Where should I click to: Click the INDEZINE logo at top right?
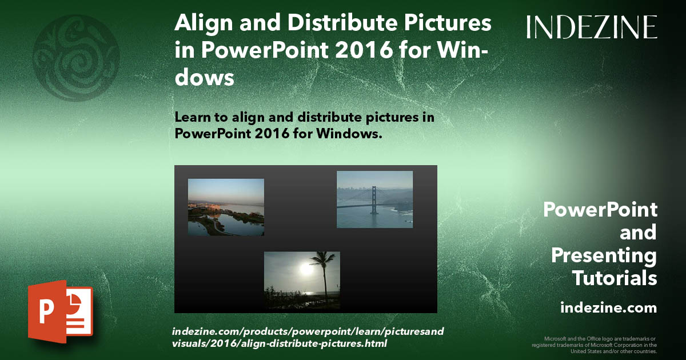[x=592, y=27]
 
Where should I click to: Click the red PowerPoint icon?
[x=59, y=312]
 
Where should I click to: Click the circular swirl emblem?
[x=75, y=58]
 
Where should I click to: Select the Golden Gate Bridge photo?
[x=374, y=199]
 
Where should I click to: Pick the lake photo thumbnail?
[x=226, y=207]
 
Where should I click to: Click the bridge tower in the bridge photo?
[x=373, y=199]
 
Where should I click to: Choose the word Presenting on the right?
[x=604, y=255]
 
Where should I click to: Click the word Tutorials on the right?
[x=615, y=278]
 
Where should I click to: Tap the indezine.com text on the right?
[x=608, y=308]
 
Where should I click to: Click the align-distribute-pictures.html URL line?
[x=280, y=344]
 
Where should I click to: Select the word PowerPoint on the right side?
[x=600, y=210]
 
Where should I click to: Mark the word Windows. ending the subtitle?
[x=350, y=134]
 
